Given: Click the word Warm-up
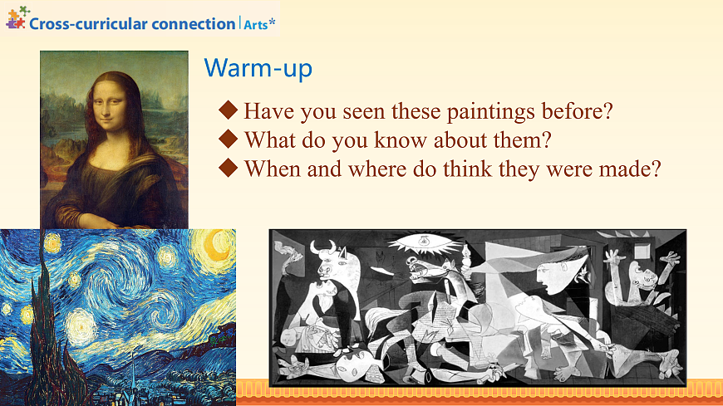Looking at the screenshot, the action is (x=258, y=68).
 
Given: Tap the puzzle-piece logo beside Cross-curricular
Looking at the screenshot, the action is (x=16, y=18).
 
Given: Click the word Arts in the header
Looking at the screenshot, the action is (x=256, y=24).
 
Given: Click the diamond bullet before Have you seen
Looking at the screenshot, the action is (x=228, y=110).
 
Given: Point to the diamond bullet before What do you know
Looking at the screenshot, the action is (x=228, y=139).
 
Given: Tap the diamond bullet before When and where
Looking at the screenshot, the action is (x=228, y=168).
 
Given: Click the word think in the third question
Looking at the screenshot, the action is (x=467, y=169).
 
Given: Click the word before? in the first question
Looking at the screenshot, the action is (x=578, y=111).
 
